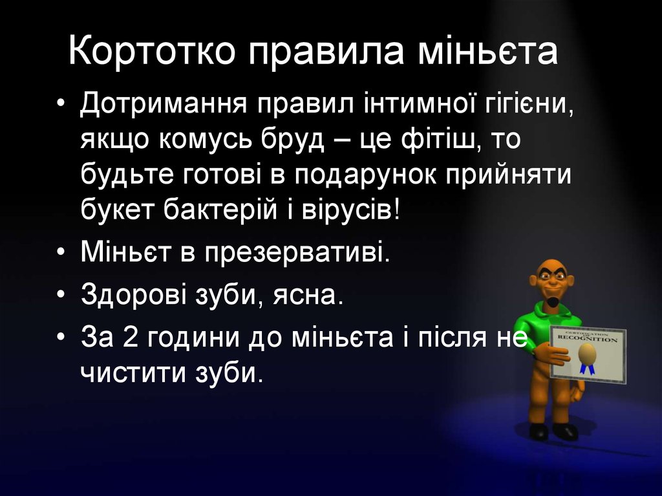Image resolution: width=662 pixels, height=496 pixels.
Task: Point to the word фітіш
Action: [439, 140]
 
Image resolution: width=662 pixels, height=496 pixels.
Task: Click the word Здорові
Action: [132, 295]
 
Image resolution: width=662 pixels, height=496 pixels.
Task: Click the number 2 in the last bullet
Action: [137, 337]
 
